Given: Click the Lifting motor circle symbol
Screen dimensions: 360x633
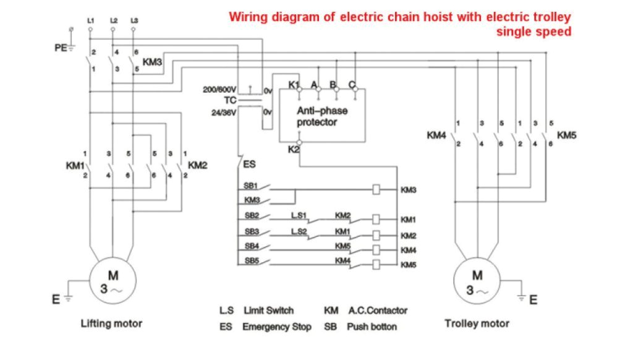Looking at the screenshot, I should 112,281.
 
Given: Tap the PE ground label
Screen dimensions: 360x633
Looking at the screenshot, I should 61,46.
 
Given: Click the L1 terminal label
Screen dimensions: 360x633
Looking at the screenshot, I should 91,20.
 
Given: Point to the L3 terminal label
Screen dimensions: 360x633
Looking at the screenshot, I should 135,20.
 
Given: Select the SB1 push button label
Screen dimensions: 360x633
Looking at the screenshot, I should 250,186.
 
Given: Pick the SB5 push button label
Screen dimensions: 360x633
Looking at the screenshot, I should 250,260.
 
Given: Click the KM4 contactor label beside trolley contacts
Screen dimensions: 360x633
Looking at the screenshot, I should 436,134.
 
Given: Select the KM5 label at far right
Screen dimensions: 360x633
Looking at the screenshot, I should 567,134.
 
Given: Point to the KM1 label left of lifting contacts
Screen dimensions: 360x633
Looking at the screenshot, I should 75,165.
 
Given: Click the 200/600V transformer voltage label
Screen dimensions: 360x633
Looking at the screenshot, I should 221,90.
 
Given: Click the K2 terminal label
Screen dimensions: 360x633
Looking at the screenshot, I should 294,149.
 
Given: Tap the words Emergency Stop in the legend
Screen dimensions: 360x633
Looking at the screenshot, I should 277,326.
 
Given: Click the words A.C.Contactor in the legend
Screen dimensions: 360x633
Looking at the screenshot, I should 377,310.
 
